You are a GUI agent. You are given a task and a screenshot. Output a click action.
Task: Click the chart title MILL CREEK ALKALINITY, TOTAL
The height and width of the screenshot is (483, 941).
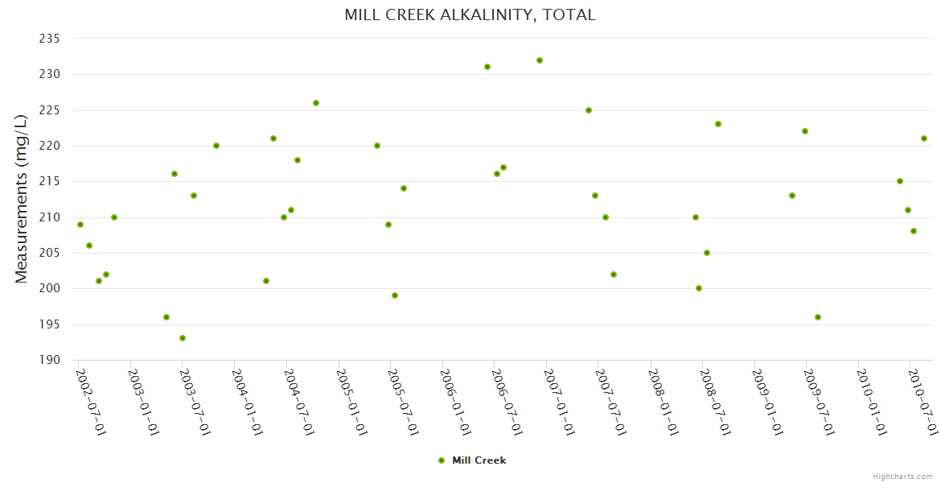pos(470,14)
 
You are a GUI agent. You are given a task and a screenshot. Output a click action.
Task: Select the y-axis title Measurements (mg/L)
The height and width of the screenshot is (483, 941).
pos(22,198)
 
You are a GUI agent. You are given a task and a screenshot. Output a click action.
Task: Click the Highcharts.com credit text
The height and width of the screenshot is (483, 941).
pos(902,477)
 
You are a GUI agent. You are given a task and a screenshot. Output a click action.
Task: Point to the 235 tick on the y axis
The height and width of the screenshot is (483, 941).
pos(50,39)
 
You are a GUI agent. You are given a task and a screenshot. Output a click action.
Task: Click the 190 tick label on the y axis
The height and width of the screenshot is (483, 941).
pos(50,360)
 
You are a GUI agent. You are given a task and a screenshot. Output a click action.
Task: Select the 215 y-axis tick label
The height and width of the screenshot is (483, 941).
pos(50,181)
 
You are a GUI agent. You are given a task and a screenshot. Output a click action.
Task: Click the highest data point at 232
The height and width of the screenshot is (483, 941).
pos(540,60)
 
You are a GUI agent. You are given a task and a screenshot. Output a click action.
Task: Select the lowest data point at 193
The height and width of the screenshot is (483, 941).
pos(183,338)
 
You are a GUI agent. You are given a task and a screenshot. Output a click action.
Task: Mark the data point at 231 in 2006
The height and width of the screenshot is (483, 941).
pos(487,67)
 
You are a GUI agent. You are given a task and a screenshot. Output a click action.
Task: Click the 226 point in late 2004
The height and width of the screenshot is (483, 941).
pos(316,103)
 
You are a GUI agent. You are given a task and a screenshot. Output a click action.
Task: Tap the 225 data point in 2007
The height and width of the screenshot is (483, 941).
pos(589,110)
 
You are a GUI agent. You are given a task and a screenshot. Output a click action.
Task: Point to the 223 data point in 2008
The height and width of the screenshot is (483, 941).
pos(718,124)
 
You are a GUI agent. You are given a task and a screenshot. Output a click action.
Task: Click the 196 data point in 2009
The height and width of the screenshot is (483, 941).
pos(818,317)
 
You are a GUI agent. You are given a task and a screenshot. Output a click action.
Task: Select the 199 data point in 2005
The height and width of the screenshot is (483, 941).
pos(395,295)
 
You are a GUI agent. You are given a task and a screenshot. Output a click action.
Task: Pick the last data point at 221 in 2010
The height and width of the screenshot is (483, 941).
pos(924,138)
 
